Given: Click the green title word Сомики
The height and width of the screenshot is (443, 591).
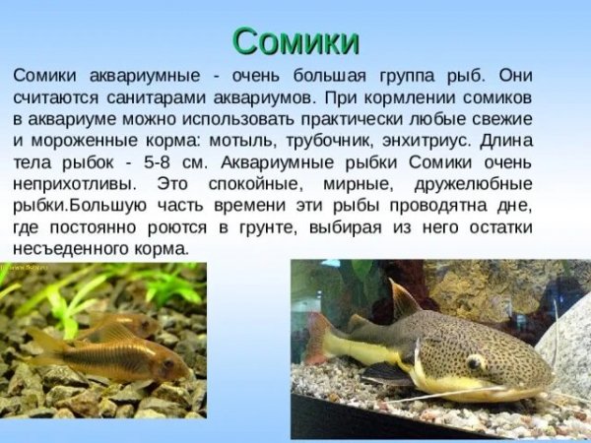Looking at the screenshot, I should tap(295, 40).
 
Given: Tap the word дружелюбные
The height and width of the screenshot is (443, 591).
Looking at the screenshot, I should tap(472, 184).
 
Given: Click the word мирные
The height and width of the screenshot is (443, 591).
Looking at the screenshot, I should tap(367, 184).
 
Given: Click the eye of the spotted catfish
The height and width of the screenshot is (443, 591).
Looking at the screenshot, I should tap(476, 361).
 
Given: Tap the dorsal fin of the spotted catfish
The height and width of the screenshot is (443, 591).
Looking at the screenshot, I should tap(404, 299).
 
